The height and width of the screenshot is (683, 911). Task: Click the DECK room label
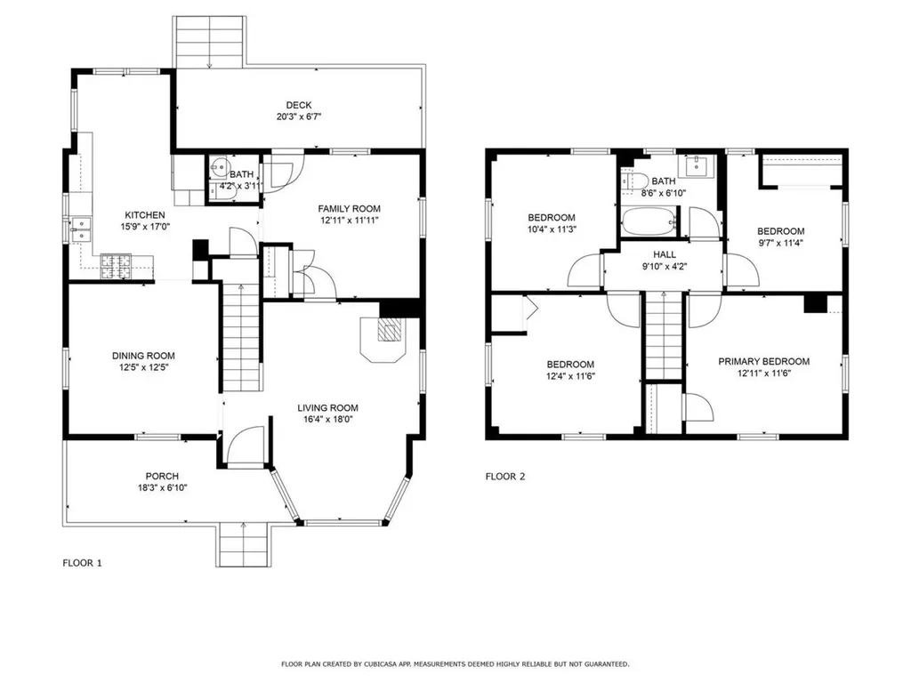coord(299,105)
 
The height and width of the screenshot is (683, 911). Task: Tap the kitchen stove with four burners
coord(117,267)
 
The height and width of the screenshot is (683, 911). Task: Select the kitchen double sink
coord(81,229)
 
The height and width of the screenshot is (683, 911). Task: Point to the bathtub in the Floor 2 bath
coord(649,222)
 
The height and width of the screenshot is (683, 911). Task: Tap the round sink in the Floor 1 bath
coord(219,167)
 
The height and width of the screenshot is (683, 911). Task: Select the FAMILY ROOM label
coord(349,208)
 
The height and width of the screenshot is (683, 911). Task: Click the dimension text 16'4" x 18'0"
coord(327,420)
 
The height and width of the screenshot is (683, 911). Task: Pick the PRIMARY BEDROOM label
coord(764,361)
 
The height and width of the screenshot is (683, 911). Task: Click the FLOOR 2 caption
coord(505,477)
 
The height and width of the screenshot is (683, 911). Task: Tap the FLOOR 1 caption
coord(83,563)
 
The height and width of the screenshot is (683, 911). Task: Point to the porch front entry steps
coord(243,544)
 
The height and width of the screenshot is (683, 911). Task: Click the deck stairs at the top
coord(209,42)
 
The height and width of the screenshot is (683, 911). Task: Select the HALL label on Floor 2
coord(665,254)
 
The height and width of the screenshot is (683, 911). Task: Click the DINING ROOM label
coord(143,356)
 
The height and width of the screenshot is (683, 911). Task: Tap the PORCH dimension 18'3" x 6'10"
coord(162,488)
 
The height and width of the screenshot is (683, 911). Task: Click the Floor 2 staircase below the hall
coord(664,335)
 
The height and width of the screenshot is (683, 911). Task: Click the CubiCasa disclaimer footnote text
coord(455,663)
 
